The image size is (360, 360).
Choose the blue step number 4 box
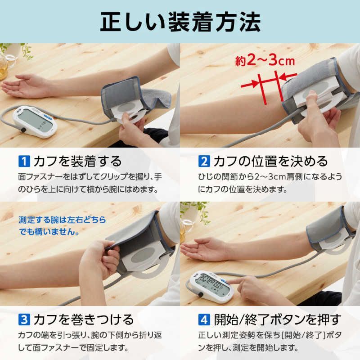tap(204, 320)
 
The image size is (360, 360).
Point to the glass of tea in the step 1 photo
tap(3, 67)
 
